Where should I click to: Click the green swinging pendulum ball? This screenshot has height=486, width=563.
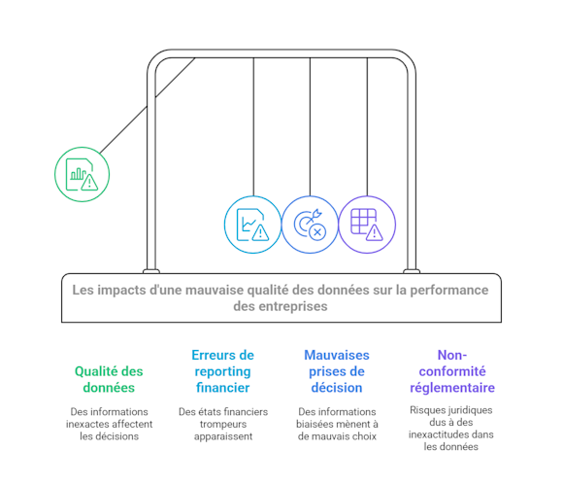click(82, 174)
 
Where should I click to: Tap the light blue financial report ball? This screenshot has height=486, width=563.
click(252, 225)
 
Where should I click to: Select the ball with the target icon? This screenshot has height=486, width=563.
click(310, 225)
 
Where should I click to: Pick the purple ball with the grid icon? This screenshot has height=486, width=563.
click(367, 225)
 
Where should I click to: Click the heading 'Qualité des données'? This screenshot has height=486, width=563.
click(109, 379)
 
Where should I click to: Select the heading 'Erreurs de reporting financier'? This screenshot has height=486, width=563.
click(222, 371)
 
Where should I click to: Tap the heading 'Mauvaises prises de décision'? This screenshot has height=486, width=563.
click(337, 371)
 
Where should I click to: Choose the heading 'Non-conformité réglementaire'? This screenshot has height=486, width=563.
click(452, 371)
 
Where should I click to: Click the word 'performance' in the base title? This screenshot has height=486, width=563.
click(449, 290)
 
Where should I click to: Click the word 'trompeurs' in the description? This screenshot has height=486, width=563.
click(223, 424)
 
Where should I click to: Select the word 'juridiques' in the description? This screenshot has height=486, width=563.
click(470, 410)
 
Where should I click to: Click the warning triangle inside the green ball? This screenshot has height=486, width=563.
click(89, 183)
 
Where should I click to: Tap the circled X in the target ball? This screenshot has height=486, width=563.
click(317, 232)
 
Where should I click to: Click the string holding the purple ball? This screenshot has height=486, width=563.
click(367, 127)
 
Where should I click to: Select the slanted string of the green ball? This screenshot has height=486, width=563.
click(148, 106)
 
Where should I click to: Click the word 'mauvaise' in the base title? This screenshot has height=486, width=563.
click(212, 290)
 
